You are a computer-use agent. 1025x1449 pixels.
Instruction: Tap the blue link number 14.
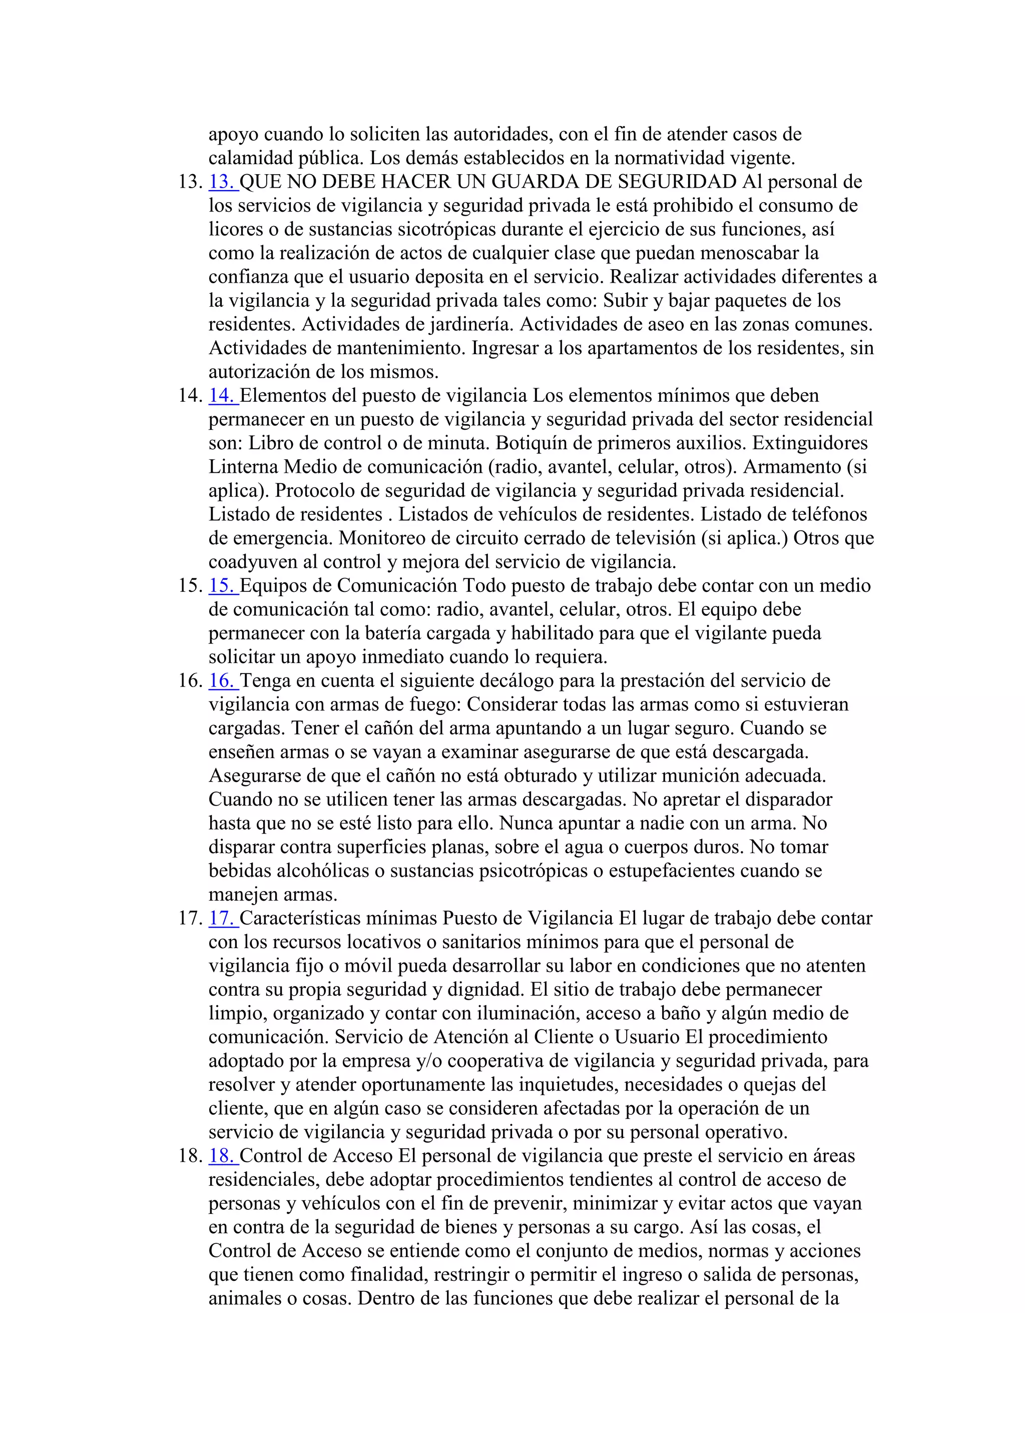tap(222, 396)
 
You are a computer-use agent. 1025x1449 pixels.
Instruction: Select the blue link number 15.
tap(222, 586)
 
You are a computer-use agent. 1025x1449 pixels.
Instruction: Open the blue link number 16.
tap(222, 681)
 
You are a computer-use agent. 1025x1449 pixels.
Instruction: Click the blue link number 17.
tap(222, 918)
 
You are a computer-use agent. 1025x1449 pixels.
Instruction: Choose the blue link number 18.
tap(222, 1156)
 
